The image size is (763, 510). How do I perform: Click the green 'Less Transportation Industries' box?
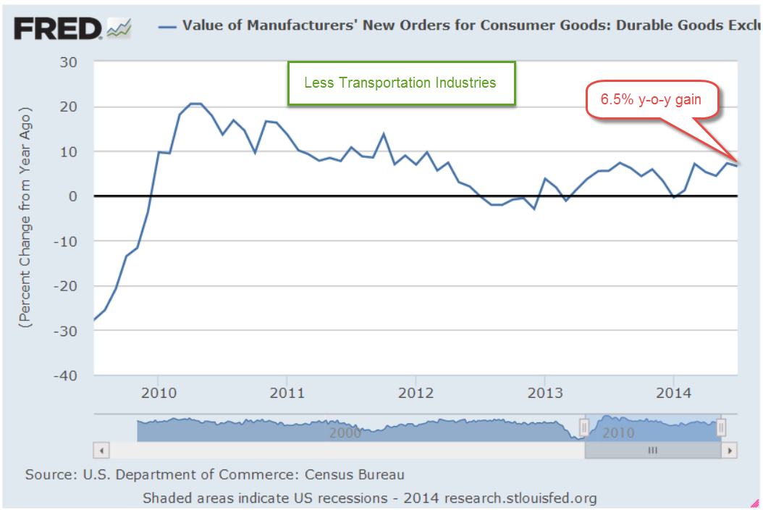click(401, 83)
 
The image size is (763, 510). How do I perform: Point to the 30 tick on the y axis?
click(68, 62)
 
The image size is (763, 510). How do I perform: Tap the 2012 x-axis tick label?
click(416, 393)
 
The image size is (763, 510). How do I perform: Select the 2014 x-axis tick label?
click(673, 393)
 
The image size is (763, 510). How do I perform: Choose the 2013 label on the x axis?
click(544, 393)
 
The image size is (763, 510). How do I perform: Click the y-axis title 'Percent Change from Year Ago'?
click(26, 219)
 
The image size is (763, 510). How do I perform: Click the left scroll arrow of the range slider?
click(101, 450)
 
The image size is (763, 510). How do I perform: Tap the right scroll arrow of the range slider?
click(730, 450)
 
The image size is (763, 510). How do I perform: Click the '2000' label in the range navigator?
click(345, 432)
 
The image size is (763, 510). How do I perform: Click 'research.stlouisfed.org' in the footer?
click(520, 498)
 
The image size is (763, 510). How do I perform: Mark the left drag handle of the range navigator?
click(584, 428)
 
